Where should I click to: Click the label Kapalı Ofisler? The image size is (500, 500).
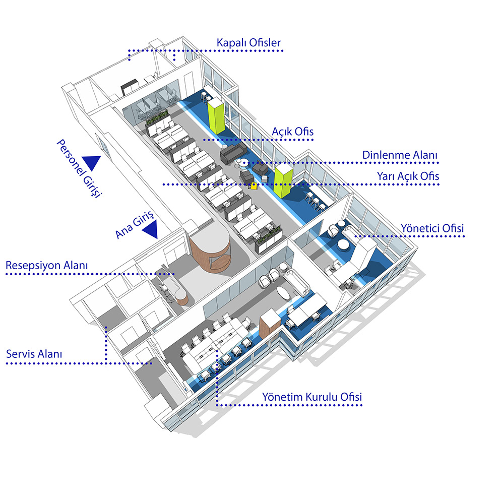coord(248,43)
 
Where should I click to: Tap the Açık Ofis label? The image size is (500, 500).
coord(292,131)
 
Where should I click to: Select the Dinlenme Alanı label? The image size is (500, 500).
coord(400,155)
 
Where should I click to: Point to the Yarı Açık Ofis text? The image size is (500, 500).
coord(408,176)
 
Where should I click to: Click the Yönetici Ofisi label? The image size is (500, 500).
coord(431,228)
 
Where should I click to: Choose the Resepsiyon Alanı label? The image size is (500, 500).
coord(47,265)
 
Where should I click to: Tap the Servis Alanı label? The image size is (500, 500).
coord(34,354)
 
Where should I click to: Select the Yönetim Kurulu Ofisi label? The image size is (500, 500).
coord(311,397)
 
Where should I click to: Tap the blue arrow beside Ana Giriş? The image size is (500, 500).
coord(150,230)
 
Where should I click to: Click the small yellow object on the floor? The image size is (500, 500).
coord(254,185)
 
